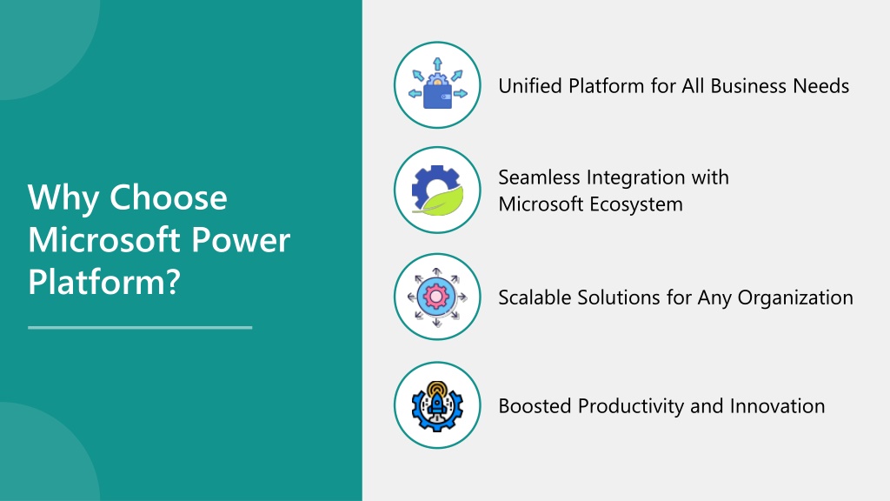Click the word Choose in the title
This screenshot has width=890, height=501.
(168, 197)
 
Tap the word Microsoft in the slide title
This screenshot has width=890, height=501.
(105, 240)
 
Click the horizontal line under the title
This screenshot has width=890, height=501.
(140, 327)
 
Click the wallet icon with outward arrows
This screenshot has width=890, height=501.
(438, 84)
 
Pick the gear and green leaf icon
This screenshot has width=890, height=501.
(438, 190)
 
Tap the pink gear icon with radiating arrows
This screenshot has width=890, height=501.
(437, 297)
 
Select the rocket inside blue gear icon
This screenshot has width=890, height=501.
(437, 406)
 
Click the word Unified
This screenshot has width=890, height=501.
(530, 86)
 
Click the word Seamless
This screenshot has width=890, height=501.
(539, 177)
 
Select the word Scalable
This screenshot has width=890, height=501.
(535, 297)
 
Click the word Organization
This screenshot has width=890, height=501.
(795, 297)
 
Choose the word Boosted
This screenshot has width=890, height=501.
(535, 406)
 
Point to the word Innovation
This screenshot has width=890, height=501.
(777, 406)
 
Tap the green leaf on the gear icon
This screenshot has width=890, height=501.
(439, 200)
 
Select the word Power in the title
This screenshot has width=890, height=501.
(241, 240)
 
